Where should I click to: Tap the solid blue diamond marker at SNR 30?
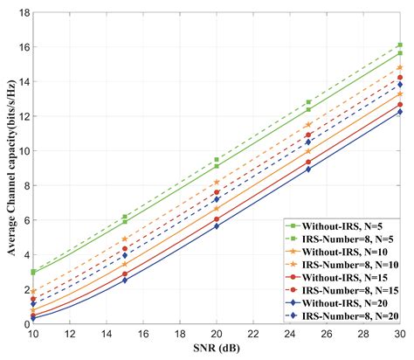coord(399,112)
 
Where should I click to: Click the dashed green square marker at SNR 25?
coord(307,102)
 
